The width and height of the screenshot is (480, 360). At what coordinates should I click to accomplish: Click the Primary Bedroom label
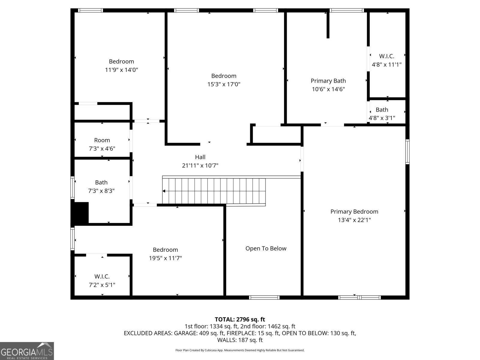(x=354, y=211)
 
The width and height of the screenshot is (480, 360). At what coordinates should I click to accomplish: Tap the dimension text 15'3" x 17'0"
(x=224, y=84)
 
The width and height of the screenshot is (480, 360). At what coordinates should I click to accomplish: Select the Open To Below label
(x=266, y=248)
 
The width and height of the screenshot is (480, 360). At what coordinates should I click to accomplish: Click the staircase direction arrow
(x=164, y=191)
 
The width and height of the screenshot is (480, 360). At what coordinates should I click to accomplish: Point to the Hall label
(x=200, y=157)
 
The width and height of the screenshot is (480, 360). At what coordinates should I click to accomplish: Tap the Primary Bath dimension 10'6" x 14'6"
(x=328, y=89)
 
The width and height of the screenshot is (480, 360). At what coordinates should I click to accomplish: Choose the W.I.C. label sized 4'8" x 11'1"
(x=386, y=56)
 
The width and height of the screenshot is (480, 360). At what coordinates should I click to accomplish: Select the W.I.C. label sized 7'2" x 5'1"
(x=102, y=276)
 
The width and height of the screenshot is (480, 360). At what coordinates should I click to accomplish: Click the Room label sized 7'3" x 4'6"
(x=102, y=140)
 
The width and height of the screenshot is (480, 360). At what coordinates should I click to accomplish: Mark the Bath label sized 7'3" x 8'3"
(x=101, y=182)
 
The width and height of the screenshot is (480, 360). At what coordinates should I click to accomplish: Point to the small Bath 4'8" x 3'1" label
(x=382, y=110)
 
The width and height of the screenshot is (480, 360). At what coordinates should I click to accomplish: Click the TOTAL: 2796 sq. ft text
(x=240, y=319)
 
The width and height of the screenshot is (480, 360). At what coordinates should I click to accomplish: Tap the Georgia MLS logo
(x=27, y=351)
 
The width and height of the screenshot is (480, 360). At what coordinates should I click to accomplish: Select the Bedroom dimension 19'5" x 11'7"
(x=165, y=258)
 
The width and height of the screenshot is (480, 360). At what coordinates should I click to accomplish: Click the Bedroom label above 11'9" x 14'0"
(x=121, y=61)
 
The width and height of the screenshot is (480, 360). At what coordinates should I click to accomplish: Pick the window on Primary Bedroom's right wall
(x=407, y=151)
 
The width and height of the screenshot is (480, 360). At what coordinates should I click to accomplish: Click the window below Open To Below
(x=264, y=298)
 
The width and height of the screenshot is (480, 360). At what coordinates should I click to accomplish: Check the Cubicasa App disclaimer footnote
(x=240, y=350)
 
